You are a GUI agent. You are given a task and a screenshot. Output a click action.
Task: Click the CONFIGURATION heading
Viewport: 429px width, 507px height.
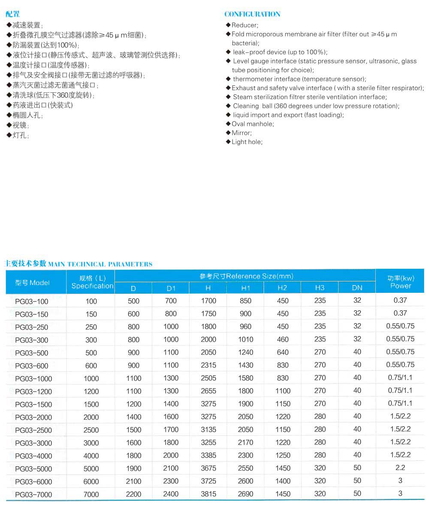coord(252,14)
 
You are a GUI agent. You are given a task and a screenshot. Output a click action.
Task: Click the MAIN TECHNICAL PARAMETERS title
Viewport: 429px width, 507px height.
coord(100,264)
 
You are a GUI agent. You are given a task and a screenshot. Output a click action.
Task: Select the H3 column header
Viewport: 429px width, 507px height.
coord(320,288)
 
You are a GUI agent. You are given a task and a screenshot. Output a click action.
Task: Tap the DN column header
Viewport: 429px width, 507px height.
coord(357,288)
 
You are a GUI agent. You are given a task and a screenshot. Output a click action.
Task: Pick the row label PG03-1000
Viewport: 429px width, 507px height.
coord(33,379)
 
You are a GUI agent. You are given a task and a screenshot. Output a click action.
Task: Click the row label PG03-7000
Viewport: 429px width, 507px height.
coord(33,495)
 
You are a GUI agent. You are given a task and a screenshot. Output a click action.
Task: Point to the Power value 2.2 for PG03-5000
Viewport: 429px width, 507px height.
coord(400,468)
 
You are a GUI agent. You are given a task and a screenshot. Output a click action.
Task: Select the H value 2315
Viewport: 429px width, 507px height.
coord(208,365)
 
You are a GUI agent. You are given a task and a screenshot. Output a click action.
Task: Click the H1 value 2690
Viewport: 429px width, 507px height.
coord(245,494)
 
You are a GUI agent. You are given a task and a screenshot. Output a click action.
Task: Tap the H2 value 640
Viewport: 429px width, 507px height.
coord(283,352)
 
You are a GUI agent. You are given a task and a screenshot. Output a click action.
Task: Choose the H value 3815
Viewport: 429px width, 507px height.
coord(208,494)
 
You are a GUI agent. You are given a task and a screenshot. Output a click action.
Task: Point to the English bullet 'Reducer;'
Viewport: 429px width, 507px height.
coord(245,25)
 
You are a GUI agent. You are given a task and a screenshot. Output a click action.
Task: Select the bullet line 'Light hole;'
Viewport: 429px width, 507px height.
coord(247,142)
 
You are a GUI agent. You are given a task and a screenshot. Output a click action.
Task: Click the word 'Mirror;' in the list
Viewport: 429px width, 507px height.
coord(242,133)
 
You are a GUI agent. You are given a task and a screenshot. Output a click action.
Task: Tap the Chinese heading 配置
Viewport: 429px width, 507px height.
coord(12,15)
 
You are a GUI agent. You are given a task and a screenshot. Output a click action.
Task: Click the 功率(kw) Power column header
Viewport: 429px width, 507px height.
coord(400,282)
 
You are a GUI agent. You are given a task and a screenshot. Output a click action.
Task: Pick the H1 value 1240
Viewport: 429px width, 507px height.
coord(245,352)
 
